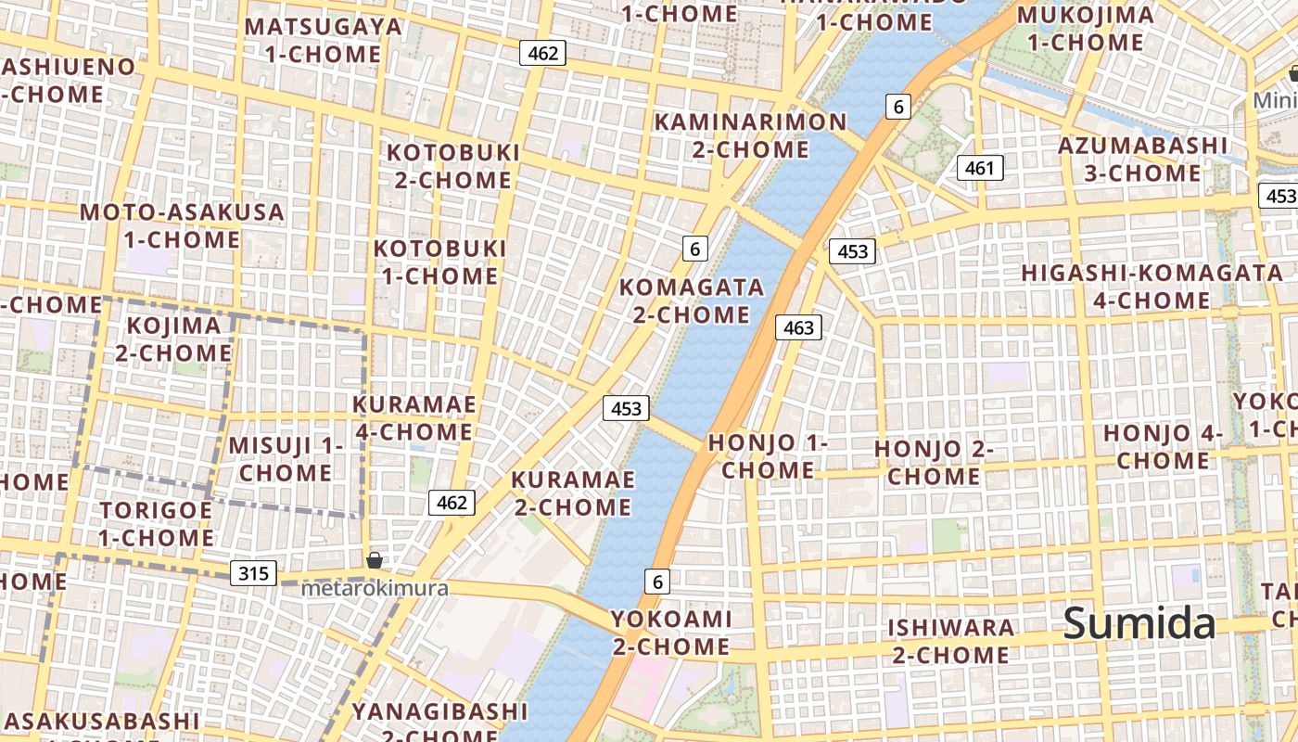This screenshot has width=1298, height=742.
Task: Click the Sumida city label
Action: (1139, 623)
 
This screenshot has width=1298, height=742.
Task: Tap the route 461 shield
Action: (979, 168)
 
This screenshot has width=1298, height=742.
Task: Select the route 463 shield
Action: (798, 326)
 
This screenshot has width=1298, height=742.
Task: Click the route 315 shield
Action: (253, 573)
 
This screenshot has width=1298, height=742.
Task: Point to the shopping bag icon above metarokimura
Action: (374, 559)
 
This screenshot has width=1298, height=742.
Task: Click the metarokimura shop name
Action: (374, 588)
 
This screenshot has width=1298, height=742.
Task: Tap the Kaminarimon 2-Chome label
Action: (751, 135)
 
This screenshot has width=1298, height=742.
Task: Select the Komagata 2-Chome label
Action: (692, 301)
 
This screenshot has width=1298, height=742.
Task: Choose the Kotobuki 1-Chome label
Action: (439, 262)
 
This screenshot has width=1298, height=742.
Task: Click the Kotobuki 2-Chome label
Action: (452, 165)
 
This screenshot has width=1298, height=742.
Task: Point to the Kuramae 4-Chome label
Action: (414, 417)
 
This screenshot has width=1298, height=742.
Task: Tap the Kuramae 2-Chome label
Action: (573, 493)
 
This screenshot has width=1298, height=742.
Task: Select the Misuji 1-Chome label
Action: (286, 458)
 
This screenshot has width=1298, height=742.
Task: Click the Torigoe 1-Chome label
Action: (157, 523)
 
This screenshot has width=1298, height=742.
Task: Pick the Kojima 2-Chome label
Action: (173, 339)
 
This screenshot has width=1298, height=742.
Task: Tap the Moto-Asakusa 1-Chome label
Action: (182, 225)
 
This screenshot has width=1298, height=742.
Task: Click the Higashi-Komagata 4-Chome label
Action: (1151, 287)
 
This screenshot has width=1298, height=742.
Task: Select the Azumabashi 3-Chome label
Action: (1142, 159)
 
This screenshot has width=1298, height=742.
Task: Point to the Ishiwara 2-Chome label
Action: (950, 641)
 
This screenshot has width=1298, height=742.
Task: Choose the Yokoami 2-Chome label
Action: (671, 632)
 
